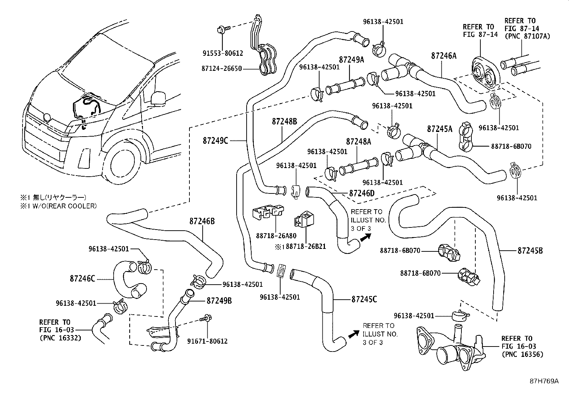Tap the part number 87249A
coord(351,60)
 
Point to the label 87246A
coord(444,56)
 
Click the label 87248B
coord(284,122)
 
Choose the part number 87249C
coord(215,141)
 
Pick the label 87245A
coord(440,129)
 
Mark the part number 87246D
coord(361,193)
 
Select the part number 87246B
coord(202,221)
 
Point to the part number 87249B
coord(219,301)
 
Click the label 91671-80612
coord(207,341)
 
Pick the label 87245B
coord(530,251)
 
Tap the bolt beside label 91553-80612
coord(221,29)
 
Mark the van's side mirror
coord(158,98)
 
